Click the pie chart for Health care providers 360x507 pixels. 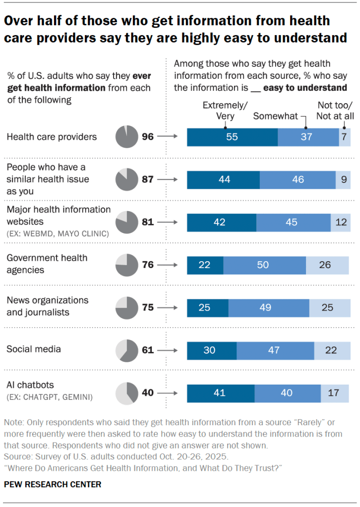125,137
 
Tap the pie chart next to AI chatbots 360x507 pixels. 125,393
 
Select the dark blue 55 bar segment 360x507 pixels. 232,137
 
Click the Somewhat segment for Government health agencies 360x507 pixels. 264,265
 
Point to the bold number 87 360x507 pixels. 148,179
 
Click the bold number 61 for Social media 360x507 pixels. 148,350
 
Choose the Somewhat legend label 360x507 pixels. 276,116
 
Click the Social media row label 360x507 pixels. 34,349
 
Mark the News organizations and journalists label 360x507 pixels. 47,306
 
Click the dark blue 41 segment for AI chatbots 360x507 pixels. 221,393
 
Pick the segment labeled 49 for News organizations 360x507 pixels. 269,308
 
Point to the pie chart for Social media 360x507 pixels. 125,350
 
